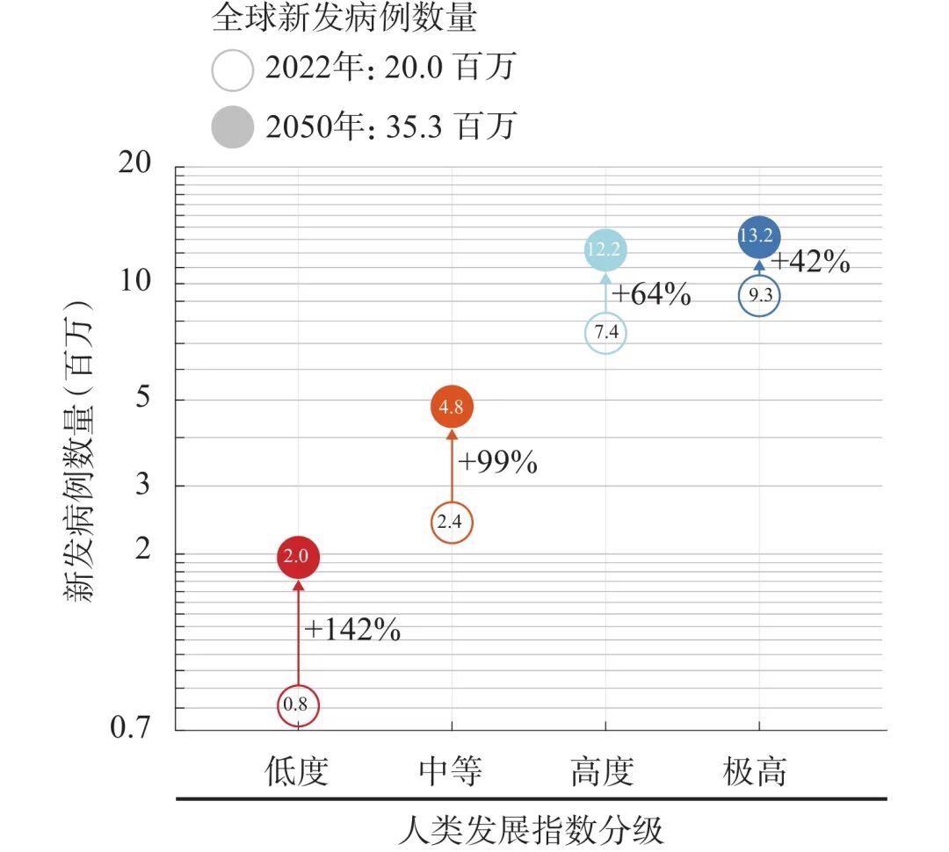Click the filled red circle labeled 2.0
[298, 557]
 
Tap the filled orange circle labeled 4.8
[453, 406]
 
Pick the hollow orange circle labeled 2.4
[453, 523]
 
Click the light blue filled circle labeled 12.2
[605, 250]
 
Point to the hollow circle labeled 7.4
[605, 333]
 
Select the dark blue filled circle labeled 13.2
[759, 236]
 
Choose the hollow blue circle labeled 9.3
[759, 297]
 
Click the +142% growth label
[352, 629]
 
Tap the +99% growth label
[497, 462]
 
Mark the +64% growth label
[651, 294]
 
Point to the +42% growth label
[809, 261]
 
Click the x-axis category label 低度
[297, 772]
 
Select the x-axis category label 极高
[756, 772]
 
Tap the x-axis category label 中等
[451, 772]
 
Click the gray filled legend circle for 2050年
[232, 128]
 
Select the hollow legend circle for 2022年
[232, 69]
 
